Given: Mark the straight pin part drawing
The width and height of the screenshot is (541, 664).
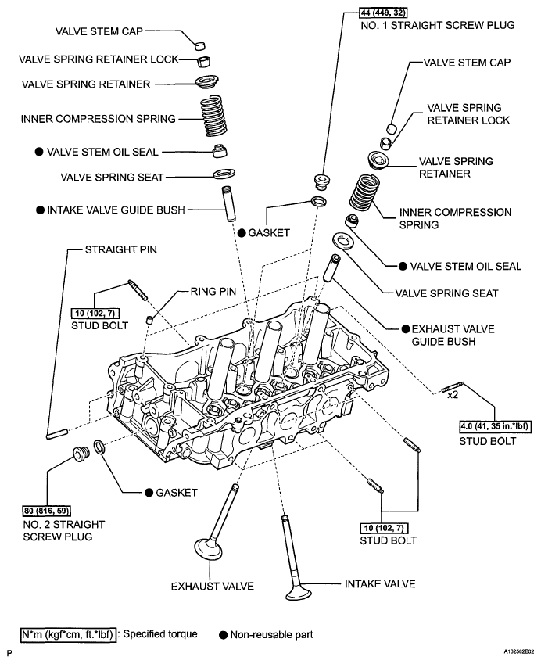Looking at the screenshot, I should [x=58, y=432].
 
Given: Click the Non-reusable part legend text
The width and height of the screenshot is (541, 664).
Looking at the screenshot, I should [x=271, y=634].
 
